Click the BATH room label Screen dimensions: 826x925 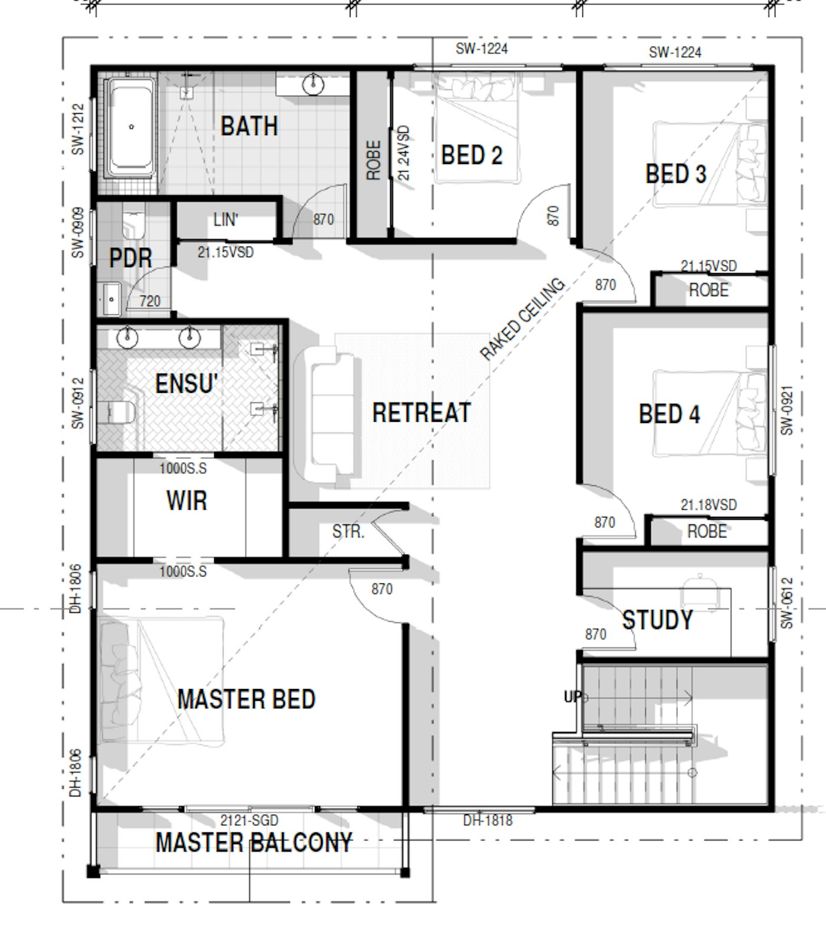(x=249, y=126)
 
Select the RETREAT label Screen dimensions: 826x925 (x=421, y=412)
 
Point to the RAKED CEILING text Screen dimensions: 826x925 (x=522, y=319)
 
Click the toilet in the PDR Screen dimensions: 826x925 (x=133, y=221)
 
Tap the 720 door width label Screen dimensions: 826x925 (x=150, y=301)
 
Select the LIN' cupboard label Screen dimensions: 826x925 (x=226, y=220)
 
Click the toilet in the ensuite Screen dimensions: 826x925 (x=116, y=412)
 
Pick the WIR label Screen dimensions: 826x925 (x=186, y=501)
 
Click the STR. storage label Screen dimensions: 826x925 (x=348, y=532)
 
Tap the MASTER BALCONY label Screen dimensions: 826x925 (x=254, y=842)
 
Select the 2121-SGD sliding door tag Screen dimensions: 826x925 (x=249, y=821)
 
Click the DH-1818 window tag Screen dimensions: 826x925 (x=488, y=820)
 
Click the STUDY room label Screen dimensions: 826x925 (x=657, y=620)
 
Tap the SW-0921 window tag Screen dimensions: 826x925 (x=787, y=411)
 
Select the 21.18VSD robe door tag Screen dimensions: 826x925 (x=709, y=505)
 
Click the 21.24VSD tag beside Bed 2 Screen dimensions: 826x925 (x=404, y=153)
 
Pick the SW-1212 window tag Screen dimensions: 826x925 (x=78, y=130)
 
